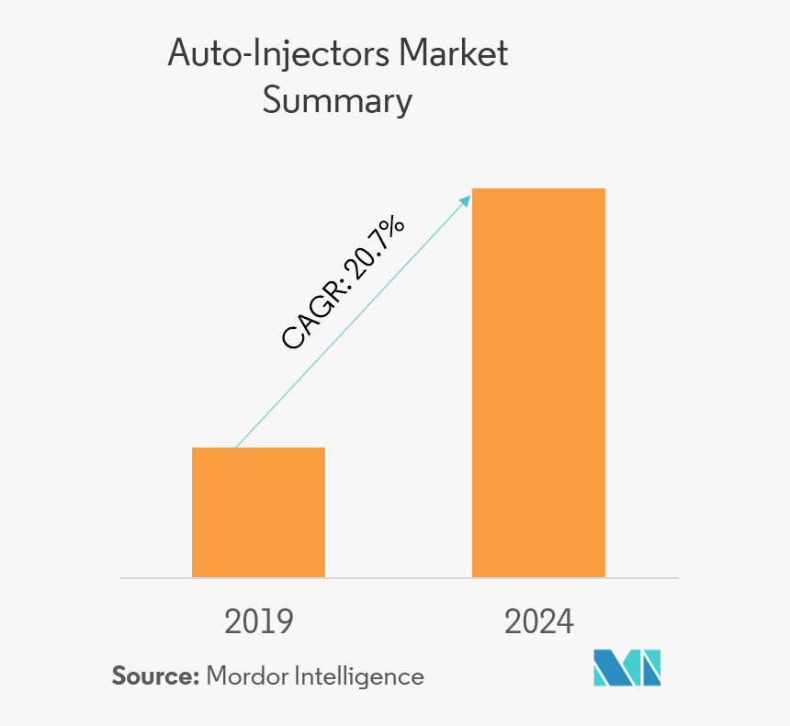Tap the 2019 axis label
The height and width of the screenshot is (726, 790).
coord(259,622)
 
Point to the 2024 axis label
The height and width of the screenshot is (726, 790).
coord(538,622)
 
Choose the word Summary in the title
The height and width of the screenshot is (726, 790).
coord(337,100)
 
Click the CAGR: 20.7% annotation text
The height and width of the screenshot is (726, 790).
coord(342,284)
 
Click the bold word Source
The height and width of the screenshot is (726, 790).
coord(154,676)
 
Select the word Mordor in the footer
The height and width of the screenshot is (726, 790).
coord(246,676)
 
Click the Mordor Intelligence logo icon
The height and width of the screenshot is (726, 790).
coord(626,668)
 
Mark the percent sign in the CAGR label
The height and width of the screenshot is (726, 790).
coord(391,229)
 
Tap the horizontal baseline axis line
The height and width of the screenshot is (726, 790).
coord(399,578)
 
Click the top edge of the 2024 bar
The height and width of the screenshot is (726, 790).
coord(538,189)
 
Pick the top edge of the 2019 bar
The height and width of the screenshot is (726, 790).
coord(258,448)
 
